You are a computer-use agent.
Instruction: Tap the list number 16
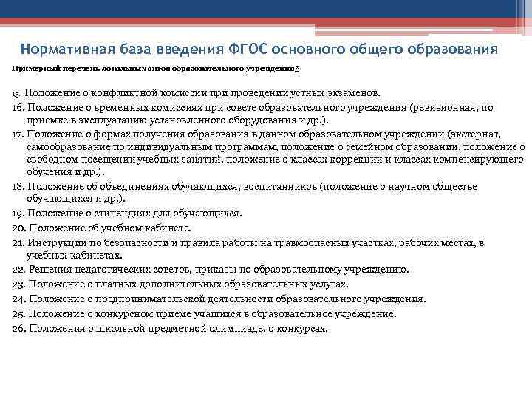(18, 107)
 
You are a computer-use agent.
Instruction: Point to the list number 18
(18, 187)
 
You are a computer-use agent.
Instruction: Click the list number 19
(18, 214)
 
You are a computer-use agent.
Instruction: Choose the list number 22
(18, 270)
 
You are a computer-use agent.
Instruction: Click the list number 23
(18, 284)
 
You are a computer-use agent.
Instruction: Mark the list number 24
(18, 299)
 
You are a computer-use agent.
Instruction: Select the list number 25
(18, 313)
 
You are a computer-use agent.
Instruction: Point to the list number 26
(18, 327)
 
